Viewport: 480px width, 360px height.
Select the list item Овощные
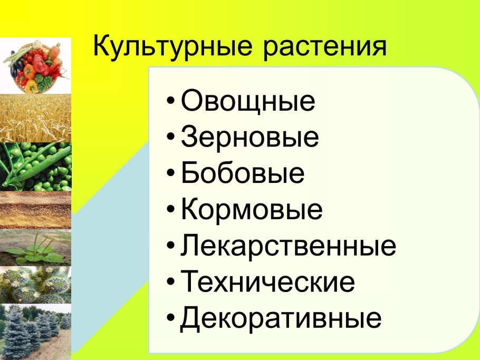click(248, 102)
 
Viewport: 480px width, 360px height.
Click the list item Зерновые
click(249, 138)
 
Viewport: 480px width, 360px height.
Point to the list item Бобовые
click(243, 173)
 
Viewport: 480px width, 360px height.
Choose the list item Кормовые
click(251, 210)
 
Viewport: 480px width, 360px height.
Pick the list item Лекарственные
click(288, 246)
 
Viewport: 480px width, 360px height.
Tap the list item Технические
click(267, 283)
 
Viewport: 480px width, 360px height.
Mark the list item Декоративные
click(281, 319)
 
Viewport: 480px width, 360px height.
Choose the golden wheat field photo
click(35, 118)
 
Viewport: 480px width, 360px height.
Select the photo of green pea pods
click(35, 166)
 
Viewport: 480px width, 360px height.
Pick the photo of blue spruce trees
click(35, 331)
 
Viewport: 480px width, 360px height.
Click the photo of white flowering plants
click(35, 285)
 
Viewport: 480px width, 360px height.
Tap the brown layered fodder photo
click(35, 209)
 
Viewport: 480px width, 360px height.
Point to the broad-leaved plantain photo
click(35, 247)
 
